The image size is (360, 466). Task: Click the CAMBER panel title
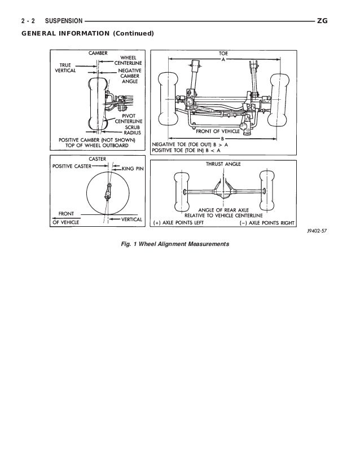[98, 52]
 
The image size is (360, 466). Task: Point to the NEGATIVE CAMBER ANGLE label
[134, 76]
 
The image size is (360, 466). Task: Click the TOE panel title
[223, 52]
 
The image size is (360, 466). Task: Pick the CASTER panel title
[98, 160]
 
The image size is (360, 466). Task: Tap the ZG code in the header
[323, 21]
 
